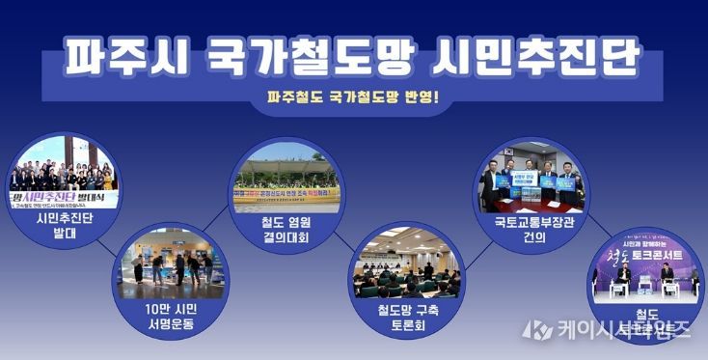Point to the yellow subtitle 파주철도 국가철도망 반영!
pyautogui.click(x=353, y=97)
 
